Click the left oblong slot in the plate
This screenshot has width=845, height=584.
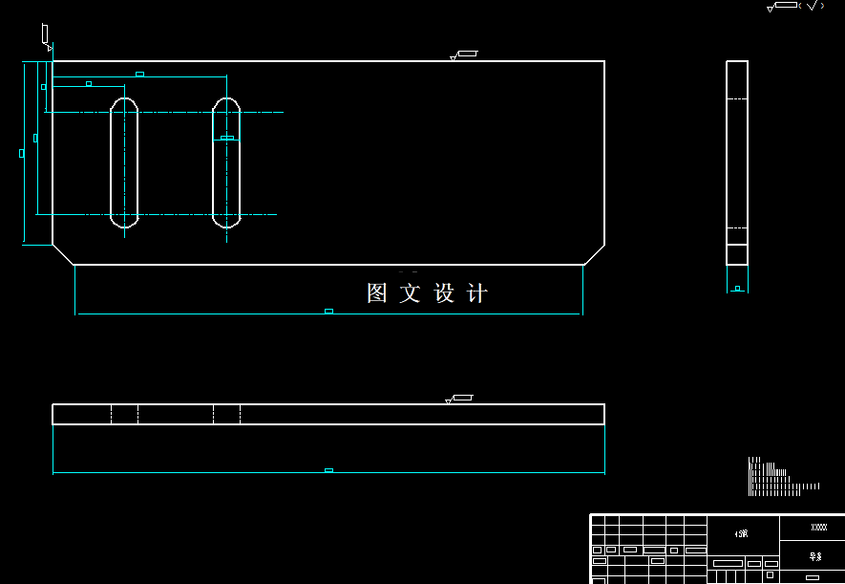(x=124, y=162)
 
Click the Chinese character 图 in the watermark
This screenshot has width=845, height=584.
(x=378, y=293)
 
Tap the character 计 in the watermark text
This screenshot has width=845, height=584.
(x=477, y=293)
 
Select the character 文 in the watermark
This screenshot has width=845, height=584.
(x=411, y=293)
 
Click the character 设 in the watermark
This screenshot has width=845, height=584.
(x=445, y=293)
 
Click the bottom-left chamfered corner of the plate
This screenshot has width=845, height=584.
(x=63, y=253)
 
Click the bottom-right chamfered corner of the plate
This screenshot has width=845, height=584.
(x=594, y=253)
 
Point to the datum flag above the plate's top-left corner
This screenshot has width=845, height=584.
(x=45, y=35)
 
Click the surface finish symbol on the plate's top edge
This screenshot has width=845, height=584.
(x=464, y=54)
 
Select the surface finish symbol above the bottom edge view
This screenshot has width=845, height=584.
(x=460, y=398)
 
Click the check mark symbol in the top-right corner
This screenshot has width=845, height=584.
(x=812, y=6)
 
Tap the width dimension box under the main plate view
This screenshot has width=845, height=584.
(x=328, y=311)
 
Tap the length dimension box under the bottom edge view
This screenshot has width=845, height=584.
(x=328, y=469)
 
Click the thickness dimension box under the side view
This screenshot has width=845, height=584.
(x=737, y=288)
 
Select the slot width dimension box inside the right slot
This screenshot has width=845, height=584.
(x=227, y=138)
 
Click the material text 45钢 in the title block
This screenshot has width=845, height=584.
(x=742, y=533)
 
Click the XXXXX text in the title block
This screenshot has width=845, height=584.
(x=818, y=528)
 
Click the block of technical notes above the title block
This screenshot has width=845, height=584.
(x=778, y=477)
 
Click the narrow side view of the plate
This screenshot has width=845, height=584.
(x=737, y=162)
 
